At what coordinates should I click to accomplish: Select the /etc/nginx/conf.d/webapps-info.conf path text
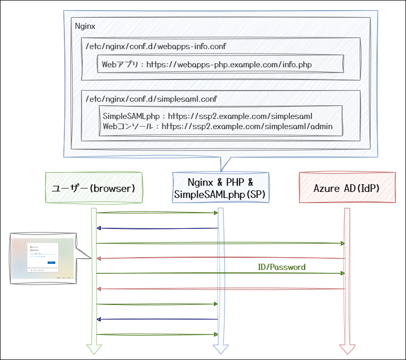point(156,47)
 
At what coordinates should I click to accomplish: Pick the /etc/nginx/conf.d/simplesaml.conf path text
point(152,99)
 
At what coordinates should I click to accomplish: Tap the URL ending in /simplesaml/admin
point(247,126)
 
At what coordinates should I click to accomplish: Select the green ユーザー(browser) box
point(94,188)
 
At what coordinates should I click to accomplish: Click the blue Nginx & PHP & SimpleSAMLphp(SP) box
point(220,188)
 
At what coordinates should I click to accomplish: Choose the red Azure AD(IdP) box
point(347,188)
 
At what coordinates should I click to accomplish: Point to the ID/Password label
point(282,267)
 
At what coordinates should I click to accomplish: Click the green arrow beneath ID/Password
point(220,273)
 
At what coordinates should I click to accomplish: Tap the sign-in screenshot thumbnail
point(43,258)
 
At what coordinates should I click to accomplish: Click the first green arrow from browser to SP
point(157,213)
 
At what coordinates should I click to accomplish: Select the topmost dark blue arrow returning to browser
point(157,228)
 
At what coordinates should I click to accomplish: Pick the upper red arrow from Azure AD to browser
point(220,259)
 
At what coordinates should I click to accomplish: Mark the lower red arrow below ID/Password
point(220,289)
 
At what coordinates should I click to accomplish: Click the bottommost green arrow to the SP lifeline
point(157,334)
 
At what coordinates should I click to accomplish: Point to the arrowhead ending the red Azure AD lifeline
point(347,349)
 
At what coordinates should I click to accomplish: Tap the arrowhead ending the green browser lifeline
point(94,349)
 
